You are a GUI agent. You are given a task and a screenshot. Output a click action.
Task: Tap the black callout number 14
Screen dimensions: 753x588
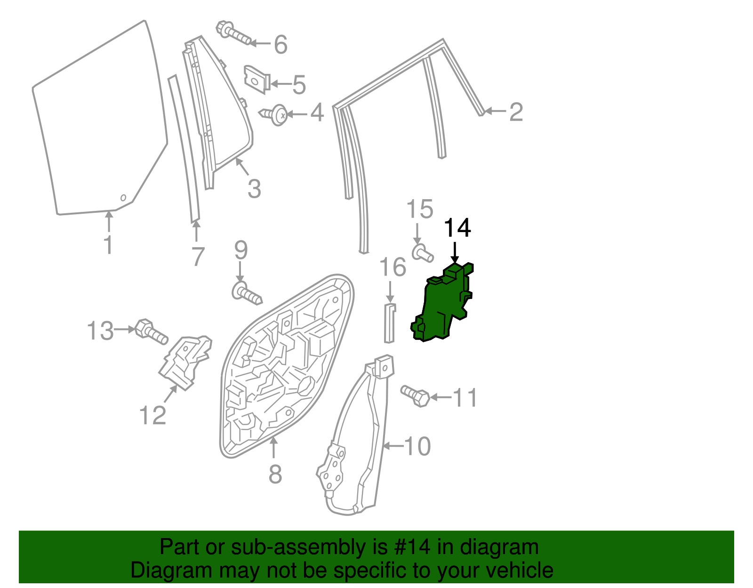(x=457, y=228)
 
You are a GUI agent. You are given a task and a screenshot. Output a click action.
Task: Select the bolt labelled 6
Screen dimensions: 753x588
(x=233, y=33)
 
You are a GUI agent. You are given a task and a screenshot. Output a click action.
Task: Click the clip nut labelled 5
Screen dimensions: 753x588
(x=257, y=80)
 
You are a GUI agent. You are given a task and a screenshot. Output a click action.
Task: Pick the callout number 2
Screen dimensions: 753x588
(x=516, y=112)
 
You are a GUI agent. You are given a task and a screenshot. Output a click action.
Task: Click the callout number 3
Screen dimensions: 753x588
(x=254, y=189)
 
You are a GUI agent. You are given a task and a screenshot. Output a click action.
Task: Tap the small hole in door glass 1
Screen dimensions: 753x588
(x=123, y=198)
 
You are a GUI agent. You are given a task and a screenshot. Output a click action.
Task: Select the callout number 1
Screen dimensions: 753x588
(x=108, y=245)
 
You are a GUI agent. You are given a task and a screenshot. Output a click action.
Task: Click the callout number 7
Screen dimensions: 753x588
(x=198, y=257)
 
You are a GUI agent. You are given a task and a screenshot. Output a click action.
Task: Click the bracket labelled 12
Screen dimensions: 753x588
(x=185, y=362)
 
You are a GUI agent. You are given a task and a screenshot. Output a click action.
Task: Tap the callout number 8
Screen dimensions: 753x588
(x=275, y=474)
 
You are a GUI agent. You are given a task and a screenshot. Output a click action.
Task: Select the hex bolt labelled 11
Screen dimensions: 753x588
(x=415, y=396)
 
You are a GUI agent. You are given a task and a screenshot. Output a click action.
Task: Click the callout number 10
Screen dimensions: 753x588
(x=417, y=446)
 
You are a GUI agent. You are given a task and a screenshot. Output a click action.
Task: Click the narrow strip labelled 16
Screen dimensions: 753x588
(x=390, y=323)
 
